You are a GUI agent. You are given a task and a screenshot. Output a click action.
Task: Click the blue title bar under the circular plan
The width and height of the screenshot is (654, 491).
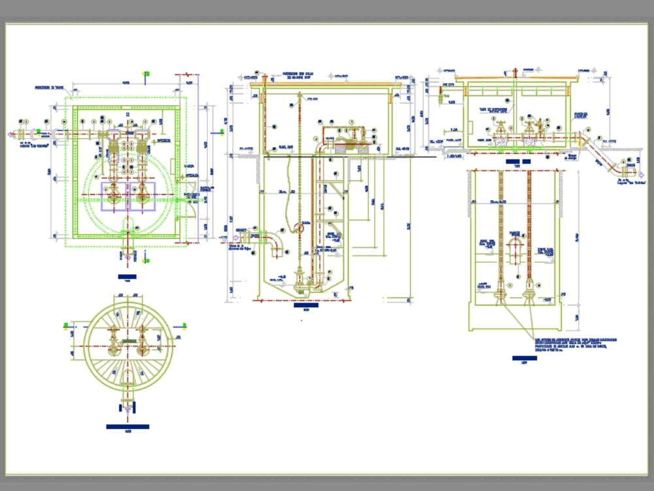(x=128, y=427)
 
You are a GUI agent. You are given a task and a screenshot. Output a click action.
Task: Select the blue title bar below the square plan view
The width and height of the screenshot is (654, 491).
(x=128, y=278)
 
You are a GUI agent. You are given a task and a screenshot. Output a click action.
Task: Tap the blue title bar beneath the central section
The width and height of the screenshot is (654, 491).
(x=306, y=305)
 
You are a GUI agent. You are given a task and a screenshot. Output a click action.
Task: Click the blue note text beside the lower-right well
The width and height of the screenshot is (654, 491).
(x=576, y=345)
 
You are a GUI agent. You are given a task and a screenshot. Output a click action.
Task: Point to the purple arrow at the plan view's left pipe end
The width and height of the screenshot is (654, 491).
(x=10, y=135)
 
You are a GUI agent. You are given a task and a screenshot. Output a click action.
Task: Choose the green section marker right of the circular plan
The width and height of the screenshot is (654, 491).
(x=185, y=324)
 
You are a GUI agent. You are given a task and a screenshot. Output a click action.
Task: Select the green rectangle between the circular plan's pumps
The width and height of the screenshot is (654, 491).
(x=128, y=341)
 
